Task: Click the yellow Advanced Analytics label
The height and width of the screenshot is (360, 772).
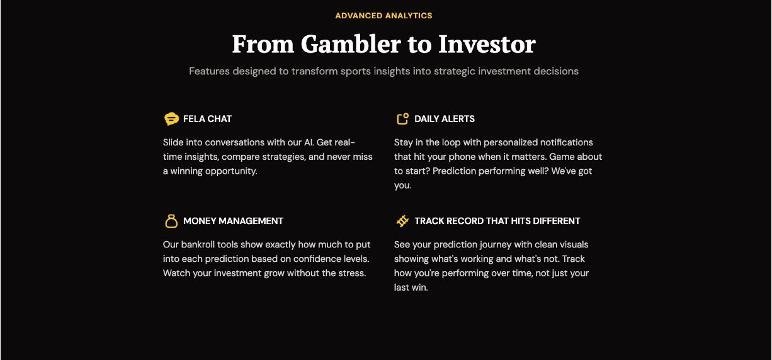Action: [383, 16]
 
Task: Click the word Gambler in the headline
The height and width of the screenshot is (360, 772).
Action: [351, 44]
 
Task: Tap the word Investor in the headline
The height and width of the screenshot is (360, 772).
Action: [487, 44]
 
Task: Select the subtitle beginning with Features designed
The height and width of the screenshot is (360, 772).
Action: [383, 71]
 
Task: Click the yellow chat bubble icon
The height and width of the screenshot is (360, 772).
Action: [171, 119]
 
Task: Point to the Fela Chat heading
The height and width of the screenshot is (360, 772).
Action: [207, 119]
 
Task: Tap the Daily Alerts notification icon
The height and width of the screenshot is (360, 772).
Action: [402, 118]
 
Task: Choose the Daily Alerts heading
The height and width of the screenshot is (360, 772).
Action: [444, 119]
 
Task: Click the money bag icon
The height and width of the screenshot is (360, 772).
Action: [171, 221]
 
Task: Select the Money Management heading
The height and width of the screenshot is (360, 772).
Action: [234, 221]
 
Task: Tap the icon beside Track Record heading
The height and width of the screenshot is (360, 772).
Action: [402, 221]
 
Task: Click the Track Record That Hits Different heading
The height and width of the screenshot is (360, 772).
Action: [497, 221]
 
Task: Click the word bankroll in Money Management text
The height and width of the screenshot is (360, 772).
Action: [195, 245]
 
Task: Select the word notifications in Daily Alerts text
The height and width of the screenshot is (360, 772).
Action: [567, 142]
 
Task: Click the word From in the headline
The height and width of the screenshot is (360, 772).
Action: [263, 44]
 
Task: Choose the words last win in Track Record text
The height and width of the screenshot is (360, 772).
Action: [411, 288]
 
